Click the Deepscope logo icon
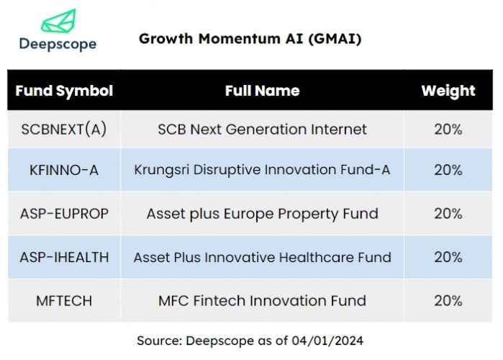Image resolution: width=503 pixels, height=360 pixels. (57, 21)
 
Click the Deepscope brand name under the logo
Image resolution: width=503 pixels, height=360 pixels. (58, 45)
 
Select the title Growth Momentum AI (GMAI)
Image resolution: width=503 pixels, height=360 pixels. (250, 39)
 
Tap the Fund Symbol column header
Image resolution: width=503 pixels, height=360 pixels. (64, 91)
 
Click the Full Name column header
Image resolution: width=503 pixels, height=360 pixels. (262, 91)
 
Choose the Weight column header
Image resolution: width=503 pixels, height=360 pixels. (448, 91)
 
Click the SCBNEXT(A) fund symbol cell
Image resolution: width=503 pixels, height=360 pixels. (64, 130)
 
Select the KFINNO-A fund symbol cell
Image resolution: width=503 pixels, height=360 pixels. (64, 170)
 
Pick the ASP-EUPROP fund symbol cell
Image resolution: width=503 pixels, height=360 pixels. (64, 214)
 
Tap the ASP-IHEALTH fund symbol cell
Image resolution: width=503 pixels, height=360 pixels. (64, 257)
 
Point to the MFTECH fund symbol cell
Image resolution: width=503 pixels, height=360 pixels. (64, 300)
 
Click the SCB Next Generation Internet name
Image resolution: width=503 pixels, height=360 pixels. (262, 130)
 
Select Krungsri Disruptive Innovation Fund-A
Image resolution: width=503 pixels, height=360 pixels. (262, 170)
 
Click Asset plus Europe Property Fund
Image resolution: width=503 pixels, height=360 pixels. (262, 214)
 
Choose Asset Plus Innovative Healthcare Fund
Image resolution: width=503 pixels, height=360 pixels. (262, 257)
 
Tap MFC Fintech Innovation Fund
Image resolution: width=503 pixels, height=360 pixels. (262, 300)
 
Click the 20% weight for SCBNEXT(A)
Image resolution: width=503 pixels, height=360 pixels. (448, 130)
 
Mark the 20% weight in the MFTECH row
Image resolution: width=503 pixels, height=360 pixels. (448, 300)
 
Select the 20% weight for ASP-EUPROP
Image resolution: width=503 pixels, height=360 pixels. (448, 214)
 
